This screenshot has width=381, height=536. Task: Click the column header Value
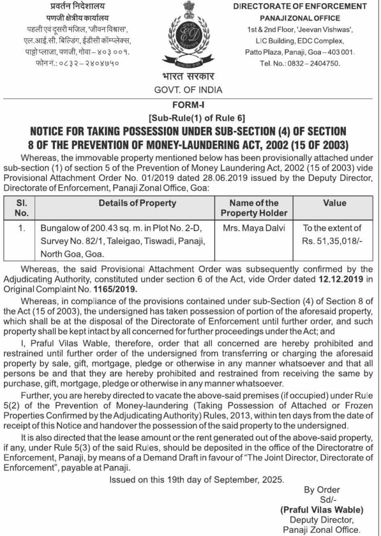334,203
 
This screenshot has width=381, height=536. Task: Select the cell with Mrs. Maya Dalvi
254,228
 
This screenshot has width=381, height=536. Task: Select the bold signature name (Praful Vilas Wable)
321,509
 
